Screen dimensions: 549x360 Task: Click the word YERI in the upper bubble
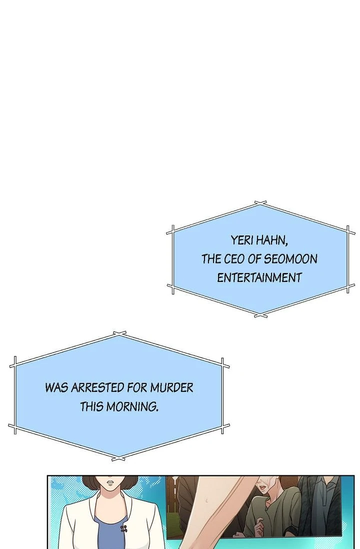[242, 240]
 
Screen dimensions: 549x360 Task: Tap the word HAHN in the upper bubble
[271, 240]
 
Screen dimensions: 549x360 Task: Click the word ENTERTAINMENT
[259, 277]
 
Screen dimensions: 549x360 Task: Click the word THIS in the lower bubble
[92, 406]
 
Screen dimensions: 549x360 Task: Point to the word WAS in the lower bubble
[56, 387]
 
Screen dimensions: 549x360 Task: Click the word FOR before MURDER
[138, 387]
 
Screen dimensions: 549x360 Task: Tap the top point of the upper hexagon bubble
[260, 203]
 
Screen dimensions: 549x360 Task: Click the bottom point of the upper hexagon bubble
[260, 315]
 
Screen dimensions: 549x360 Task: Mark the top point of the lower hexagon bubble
[119, 333]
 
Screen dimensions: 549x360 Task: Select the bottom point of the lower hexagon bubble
[119, 457]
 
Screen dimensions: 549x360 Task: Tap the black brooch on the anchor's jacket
[123, 527]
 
